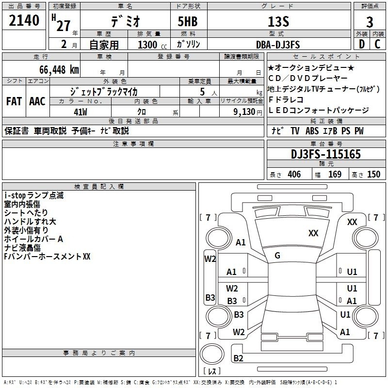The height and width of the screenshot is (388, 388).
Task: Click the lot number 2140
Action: [24, 20]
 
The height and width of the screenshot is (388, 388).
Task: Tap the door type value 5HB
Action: [188, 21]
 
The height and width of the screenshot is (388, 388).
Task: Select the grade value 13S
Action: [278, 22]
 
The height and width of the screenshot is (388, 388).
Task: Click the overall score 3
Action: [370, 22]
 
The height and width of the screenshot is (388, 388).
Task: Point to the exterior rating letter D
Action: [362, 44]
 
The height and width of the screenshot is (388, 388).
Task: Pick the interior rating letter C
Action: [377, 44]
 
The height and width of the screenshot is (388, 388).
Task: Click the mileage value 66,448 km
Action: [59, 70]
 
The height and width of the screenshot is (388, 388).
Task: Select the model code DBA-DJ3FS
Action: [278, 45]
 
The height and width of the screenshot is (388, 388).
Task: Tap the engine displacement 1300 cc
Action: [152, 45]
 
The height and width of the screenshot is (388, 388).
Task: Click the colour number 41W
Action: [81, 112]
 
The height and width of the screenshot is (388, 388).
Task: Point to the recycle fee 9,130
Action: [244, 112]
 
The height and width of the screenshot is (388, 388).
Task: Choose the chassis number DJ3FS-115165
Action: [325, 154]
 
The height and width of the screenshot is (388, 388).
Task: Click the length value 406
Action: [294, 174]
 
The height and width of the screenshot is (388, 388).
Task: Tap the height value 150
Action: [373, 174]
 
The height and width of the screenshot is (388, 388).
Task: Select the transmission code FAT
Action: [14, 101]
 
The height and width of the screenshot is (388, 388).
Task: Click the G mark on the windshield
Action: [277, 256]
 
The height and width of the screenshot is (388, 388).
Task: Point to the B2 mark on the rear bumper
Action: [238, 358]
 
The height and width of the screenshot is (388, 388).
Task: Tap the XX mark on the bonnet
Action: [313, 233]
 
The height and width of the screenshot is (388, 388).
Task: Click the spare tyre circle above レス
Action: [212, 354]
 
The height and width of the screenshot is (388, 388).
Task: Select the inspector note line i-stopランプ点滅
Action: [34, 195]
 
